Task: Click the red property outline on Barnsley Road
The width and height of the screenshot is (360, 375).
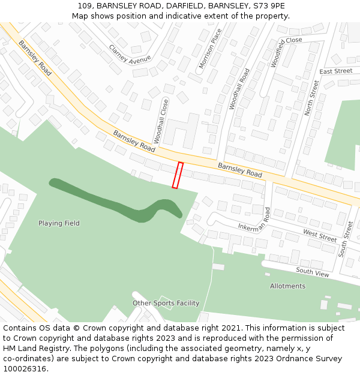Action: tap(178, 175)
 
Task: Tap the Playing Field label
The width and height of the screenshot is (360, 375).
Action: tap(59, 223)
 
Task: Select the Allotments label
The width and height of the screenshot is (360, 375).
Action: tap(287, 286)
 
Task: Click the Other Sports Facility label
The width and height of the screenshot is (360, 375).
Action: tap(166, 303)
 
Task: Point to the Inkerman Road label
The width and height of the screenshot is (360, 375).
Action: tap(254, 220)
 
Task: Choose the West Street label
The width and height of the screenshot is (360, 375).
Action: tap(320, 235)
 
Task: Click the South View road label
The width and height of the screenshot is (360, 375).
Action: tap(313, 272)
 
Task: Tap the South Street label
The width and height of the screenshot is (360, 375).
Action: tap(346, 239)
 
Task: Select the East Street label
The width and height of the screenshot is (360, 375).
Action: tap(336, 71)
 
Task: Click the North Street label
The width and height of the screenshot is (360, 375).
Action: tap(311, 98)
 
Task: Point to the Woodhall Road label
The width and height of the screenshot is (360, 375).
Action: tap(239, 88)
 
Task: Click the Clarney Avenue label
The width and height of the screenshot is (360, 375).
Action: tap(130, 55)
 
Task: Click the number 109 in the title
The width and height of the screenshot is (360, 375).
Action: tap(84, 5)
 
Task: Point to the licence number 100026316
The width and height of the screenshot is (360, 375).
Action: tap(25, 368)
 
